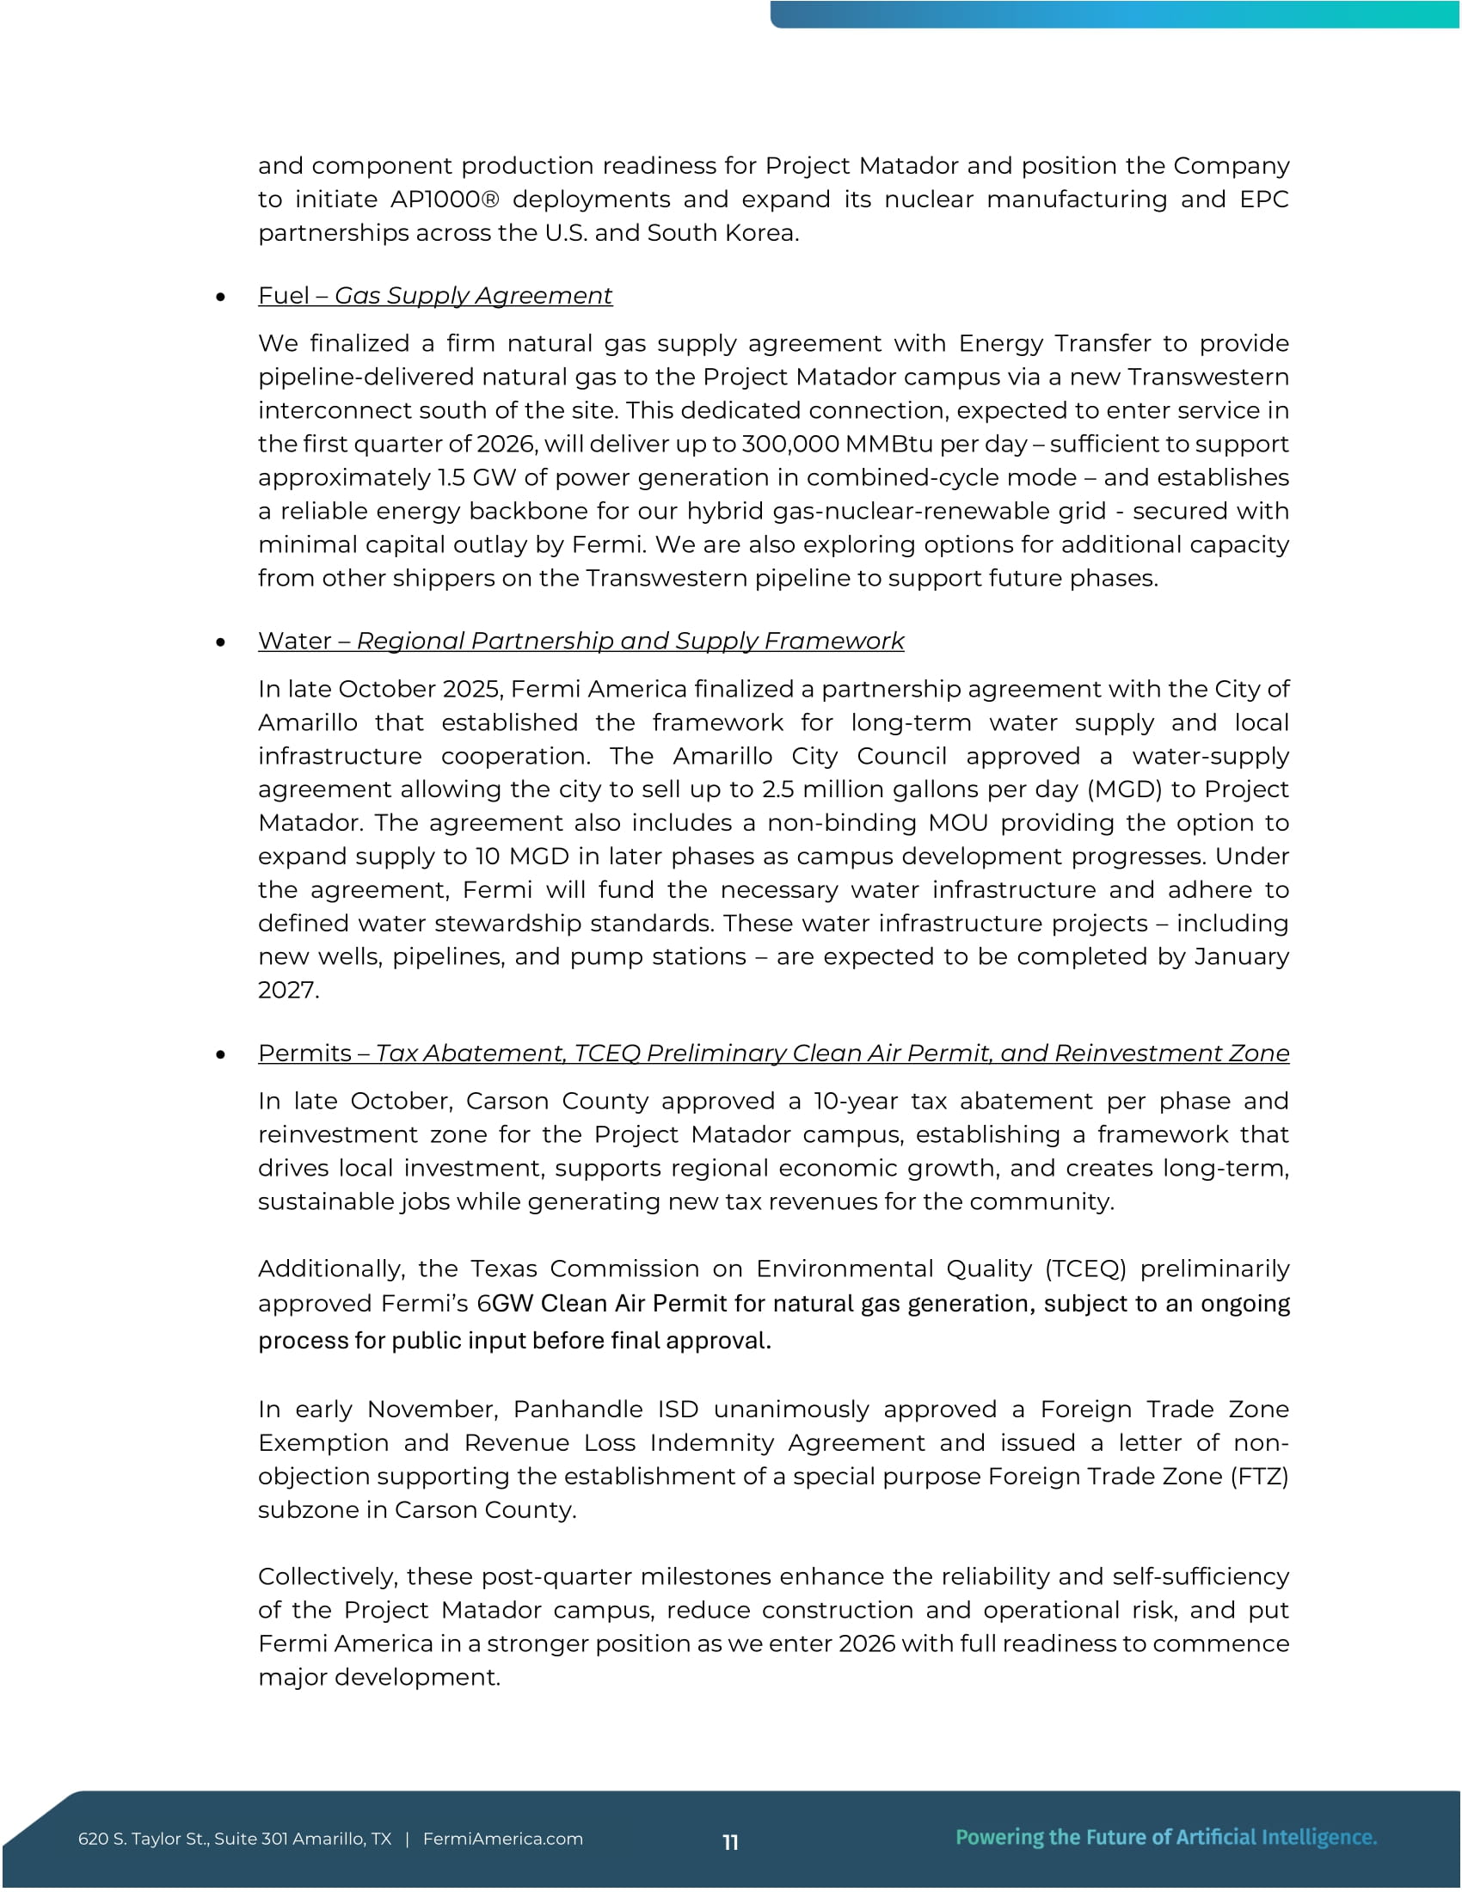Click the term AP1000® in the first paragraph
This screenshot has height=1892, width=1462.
(x=445, y=200)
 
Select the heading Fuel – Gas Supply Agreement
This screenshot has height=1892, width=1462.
(x=435, y=297)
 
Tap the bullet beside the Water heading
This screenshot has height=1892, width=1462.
(x=221, y=642)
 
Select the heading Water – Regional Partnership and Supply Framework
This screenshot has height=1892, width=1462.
(x=580, y=641)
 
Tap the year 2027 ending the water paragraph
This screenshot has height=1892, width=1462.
(x=287, y=990)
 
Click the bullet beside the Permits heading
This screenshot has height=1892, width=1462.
(x=221, y=1054)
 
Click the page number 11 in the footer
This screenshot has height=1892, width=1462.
(x=730, y=1843)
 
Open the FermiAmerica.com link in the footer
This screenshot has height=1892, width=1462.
(x=502, y=1840)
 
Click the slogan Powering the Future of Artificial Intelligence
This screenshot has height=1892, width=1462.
(x=1166, y=1838)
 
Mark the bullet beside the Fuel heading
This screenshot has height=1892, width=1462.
(x=221, y=298)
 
